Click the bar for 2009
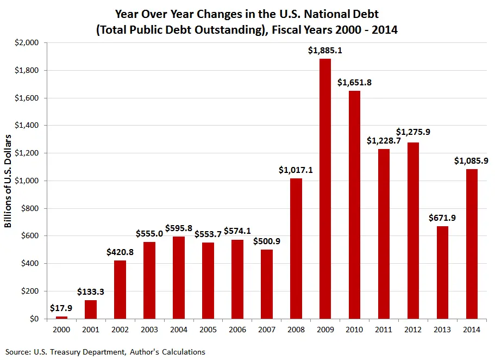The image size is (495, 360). tap(325, 188)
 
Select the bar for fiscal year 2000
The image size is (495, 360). tap(61, 317)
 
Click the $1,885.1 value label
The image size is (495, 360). tap(325, 51)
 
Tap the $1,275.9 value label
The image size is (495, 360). tap(413, 132)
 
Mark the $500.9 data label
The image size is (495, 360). tap(266, 241)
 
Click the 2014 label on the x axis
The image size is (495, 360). tap(471, 330)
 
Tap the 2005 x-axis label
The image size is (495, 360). tap(208, 330)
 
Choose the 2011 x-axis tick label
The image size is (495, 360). tap(384, 330)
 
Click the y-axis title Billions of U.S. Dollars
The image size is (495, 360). tap(9, 181)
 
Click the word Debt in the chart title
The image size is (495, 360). tap(365, 14)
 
